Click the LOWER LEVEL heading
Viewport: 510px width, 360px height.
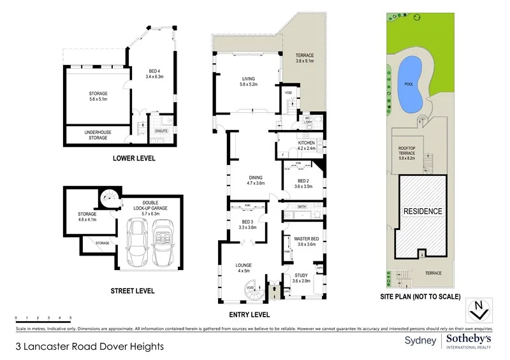134,158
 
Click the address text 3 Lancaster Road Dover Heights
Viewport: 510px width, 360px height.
90,347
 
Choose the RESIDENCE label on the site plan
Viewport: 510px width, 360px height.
421,211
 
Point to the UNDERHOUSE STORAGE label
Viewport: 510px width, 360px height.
99,134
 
